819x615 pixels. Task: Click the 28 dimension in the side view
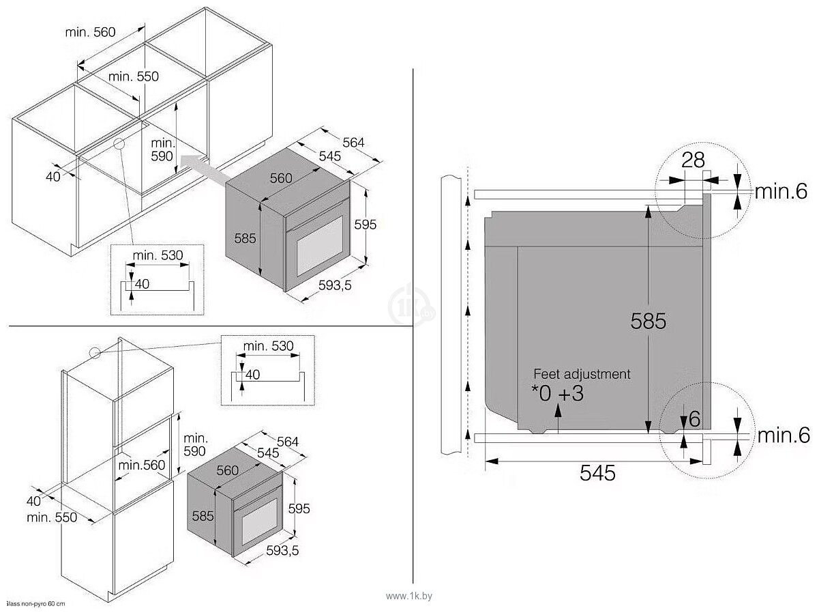(x=693, y=161)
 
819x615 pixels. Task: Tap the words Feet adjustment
(x=582, y=374)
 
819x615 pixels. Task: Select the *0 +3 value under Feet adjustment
(x=558, y=394)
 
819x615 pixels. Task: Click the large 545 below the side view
(x=597, y=472)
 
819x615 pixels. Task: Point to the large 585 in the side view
(x=648, y=321)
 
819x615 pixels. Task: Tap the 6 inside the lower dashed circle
(x=694, y=419)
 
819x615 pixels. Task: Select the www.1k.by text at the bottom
(x=409, y=596)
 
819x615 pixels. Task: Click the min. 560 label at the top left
(x=90, y=32)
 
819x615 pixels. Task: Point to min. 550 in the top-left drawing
(x=133, y=76)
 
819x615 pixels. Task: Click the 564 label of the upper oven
(x=353, y=143)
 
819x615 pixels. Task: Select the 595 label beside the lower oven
(x=299, y=509)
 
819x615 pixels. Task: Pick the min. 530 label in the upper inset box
(x=158, y=255)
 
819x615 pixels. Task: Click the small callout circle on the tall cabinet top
(x=93, y=352)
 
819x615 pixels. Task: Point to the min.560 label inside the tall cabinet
(x=141, y=465)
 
